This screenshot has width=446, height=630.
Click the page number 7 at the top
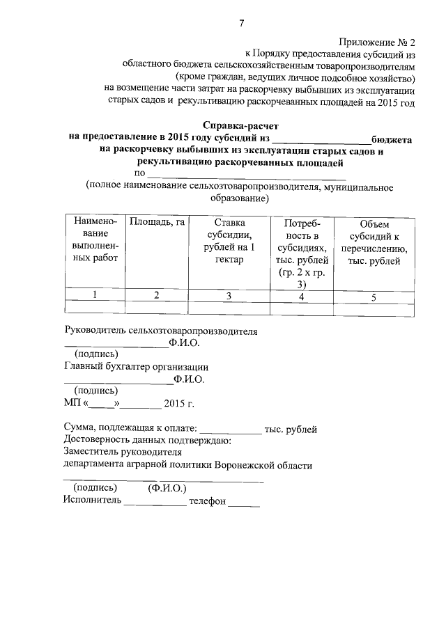tap(241, 24)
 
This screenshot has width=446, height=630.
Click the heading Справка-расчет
tap(240, 126)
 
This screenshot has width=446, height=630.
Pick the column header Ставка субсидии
tap(227, 241)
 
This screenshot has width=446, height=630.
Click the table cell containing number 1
tap(94, 295)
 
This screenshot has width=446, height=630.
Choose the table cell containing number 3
tap(227, 296)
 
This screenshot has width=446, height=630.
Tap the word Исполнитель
tap(92, 500)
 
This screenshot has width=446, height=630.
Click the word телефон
tap(207, 500)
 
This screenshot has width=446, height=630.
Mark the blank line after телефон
tap(244, 503)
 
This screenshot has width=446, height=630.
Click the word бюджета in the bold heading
tap(392, 139)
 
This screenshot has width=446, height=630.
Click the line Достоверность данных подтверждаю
tap(147, 441)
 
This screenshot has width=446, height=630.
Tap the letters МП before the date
tap(72, 403)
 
